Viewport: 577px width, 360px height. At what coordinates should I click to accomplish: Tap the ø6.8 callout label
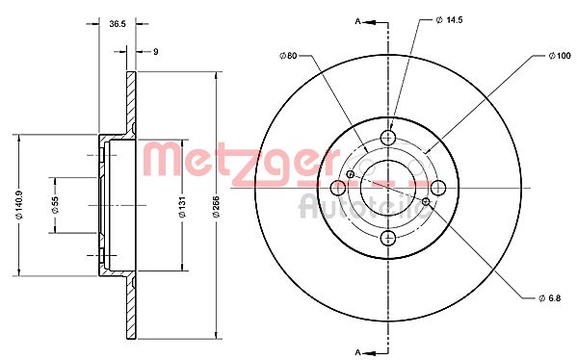coord(547,296)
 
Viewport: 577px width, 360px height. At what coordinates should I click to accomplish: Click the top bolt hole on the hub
coord(388,137)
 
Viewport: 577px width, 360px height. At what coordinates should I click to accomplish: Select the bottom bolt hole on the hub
coord(388,237)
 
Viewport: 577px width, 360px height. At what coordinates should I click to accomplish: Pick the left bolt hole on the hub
coord(338,187)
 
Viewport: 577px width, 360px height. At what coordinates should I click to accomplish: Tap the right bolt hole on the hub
coord(438,187)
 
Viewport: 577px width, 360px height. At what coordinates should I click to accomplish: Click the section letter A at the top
coord(359,20)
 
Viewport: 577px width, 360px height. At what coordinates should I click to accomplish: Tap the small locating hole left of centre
coord(353,174)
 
